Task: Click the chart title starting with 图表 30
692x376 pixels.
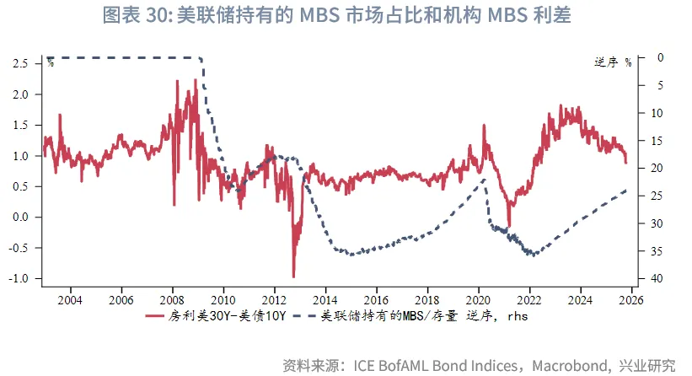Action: (x=346, y=16)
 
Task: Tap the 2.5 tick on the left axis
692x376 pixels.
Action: (x=22, y=63)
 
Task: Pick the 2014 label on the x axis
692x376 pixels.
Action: (x=325, y=299)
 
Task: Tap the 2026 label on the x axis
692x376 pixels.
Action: (x=632, y=299)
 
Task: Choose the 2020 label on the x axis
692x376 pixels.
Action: (x=479, y=299)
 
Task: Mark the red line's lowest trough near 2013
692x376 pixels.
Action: (x=293, y=277)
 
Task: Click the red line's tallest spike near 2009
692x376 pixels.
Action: (x=196, y=81)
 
